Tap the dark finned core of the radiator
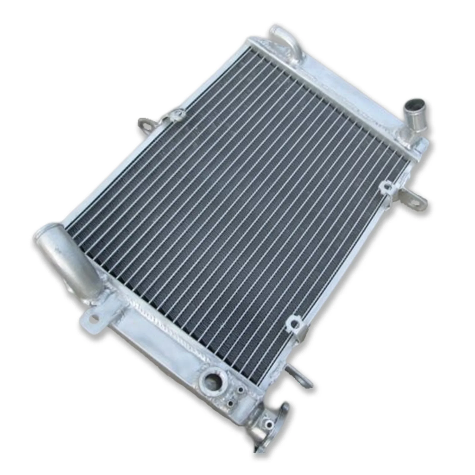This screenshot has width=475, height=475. pos(237,208)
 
